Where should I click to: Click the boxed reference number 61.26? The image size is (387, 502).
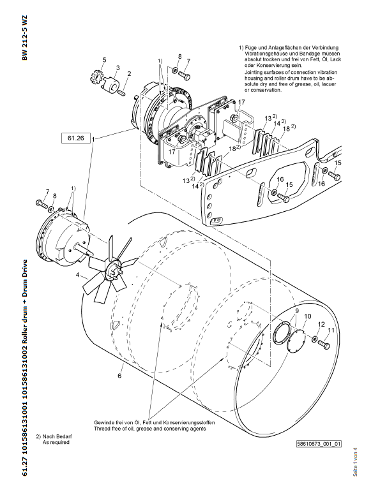coord(75,138)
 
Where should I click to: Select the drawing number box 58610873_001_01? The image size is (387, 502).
coord(319,444)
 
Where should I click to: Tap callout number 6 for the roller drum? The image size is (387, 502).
coord(119,376)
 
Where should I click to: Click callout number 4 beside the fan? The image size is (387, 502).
coord(77,275)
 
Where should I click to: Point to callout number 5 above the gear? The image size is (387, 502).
coord(104,60)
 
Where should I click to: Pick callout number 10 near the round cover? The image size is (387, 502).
coord(307,316)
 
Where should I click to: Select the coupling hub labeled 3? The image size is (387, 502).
coord(110,85)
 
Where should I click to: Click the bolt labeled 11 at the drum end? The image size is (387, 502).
coord(324,345)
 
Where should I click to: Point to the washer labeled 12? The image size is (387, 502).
coord(315,339)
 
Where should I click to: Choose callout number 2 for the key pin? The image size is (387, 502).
coord(129,74)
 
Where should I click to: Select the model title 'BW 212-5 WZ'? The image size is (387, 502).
coord(25,38)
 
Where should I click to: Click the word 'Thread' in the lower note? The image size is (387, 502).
coord(101,429)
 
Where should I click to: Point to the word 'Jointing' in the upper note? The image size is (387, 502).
coord(254,72)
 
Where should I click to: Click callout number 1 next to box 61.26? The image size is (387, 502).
coord(93,140)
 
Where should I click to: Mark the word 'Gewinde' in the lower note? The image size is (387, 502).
coord(103,423)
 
